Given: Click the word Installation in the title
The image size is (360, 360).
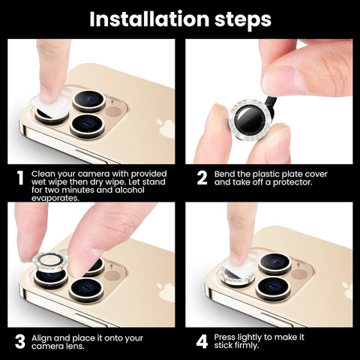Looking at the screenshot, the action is pyautogui.click(x=149, y=19).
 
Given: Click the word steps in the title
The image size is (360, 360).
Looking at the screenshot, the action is pyautogui.click(x=243, y=20).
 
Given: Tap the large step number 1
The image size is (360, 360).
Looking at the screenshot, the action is pyautogui.click(x=20, y=178).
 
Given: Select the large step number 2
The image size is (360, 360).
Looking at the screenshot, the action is pyautogui.click(x=202, y=178).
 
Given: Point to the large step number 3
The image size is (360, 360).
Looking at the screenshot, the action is pyautogui.click(x=20, y=341).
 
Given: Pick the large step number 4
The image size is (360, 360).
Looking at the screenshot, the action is pyautogui.click(x=202, y=341).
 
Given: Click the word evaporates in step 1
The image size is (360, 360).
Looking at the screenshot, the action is pyautogui.click(x=55, y=198).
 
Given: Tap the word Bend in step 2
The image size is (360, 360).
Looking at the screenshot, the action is pyautogui.click(x=224, y=174).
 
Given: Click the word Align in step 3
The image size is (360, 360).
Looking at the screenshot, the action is pyautogui.click(x=41, y=338).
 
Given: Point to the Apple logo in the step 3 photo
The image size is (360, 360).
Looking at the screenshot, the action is pyautogui.click(x=166, y=292).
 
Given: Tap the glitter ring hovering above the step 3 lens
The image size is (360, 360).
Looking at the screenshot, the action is pyautogui.click(x=50, y=262).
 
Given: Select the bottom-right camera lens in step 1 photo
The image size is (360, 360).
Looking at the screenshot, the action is pyautogui.click(x=87, y=125).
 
